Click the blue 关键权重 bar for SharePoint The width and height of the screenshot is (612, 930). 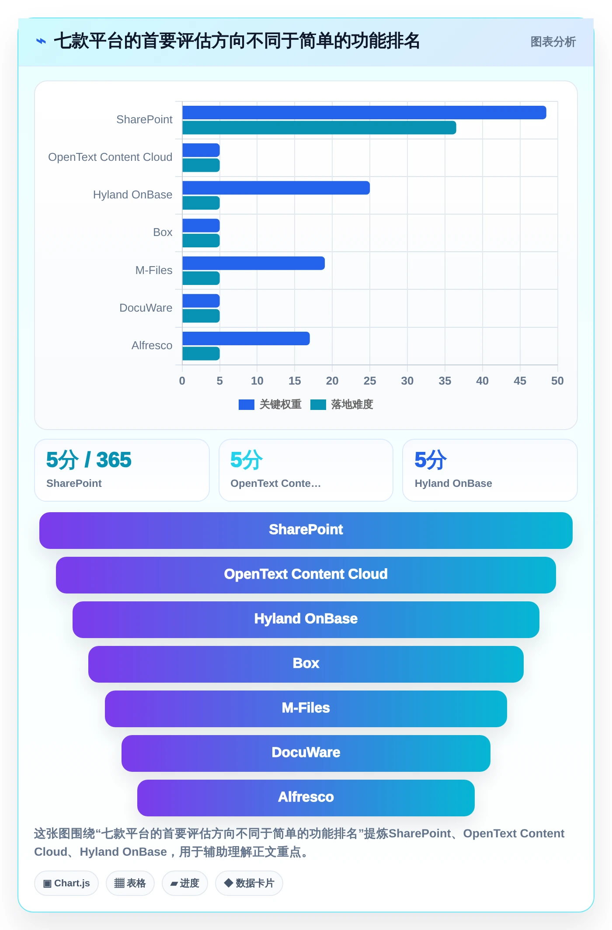point(364,112)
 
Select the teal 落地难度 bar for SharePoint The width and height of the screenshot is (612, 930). point(319,128)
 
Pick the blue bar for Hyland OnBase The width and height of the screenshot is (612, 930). point(276,188)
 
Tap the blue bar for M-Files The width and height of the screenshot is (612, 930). point(254,263)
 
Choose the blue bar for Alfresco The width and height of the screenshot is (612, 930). point(246,338)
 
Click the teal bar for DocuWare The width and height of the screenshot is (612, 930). point(201,316)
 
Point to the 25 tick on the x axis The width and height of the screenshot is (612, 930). point(370,381)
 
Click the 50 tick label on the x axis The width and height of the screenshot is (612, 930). point(557,381)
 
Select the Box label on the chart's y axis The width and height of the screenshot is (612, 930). point(163,232)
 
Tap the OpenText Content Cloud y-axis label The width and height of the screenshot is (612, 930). point(110,157)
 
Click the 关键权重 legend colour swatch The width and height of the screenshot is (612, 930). point(247,405)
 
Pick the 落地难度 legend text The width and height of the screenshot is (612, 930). point(352,404)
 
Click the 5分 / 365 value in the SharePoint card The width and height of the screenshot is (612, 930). point(89,460)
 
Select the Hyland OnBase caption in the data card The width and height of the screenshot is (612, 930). point(453,483)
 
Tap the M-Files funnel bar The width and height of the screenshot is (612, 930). point(306,709)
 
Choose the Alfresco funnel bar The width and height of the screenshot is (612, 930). point(306,798)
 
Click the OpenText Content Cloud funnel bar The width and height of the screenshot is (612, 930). point(306,575)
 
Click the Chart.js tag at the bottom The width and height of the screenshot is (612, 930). point(66,883)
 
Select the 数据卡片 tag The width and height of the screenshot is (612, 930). point(249,883)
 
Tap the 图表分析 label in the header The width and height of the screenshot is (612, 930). point(553,42)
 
